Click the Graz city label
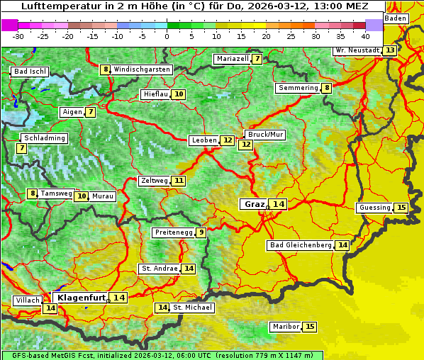pos(254,204)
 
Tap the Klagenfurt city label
pos(81,298)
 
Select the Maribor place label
pos(285,327)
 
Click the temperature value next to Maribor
pos(310,327)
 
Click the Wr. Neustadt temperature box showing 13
pos(390,50)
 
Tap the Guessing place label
pos(374,208)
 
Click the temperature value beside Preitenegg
pos(201,232)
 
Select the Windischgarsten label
pos(142,69)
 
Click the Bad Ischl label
pos(30,72)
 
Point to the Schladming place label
pos(44,138)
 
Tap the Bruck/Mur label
pos(265,135)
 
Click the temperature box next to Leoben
pos(227,140)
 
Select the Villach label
pos(27,300)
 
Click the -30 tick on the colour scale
pos(18,35)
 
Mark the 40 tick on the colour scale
pos(365,35)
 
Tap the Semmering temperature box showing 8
pos(326,88)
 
